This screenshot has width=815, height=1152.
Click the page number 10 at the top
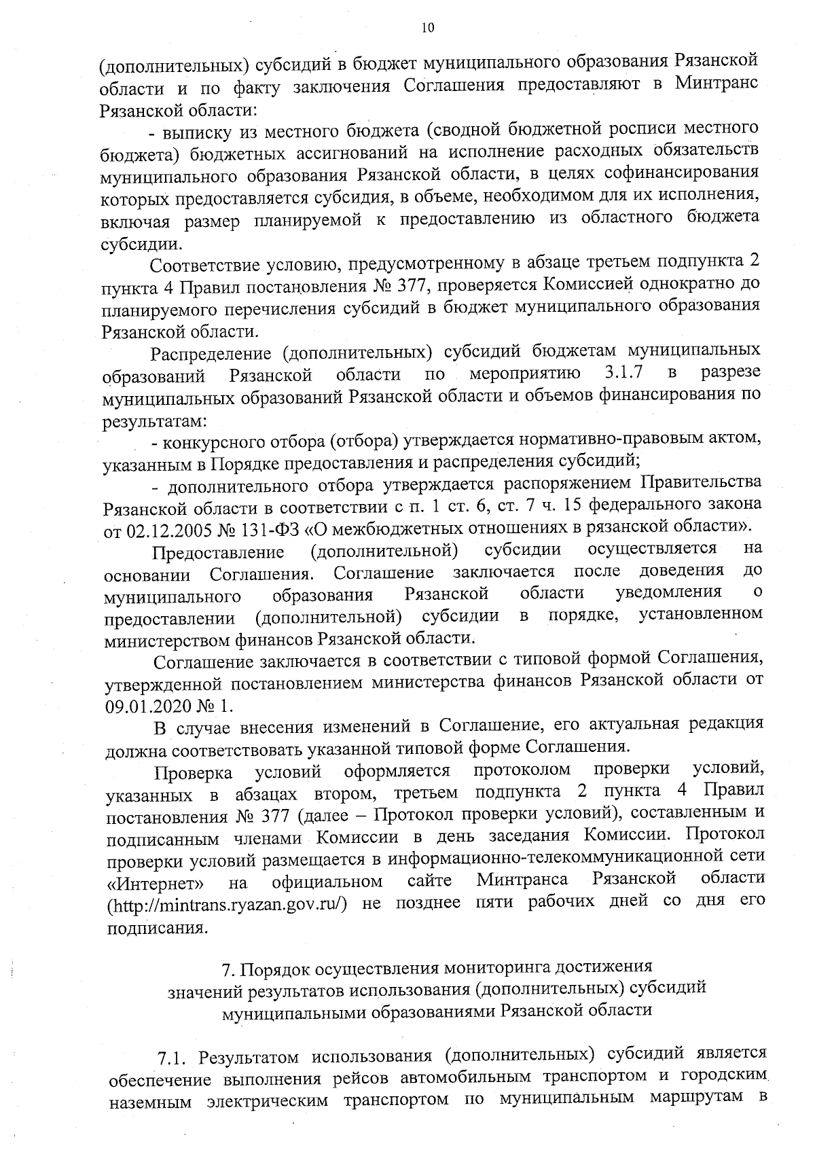click(x=427, y=28)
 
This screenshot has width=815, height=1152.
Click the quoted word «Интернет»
click(x=155, y=882)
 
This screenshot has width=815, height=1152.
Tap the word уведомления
click(x=668, y=592)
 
